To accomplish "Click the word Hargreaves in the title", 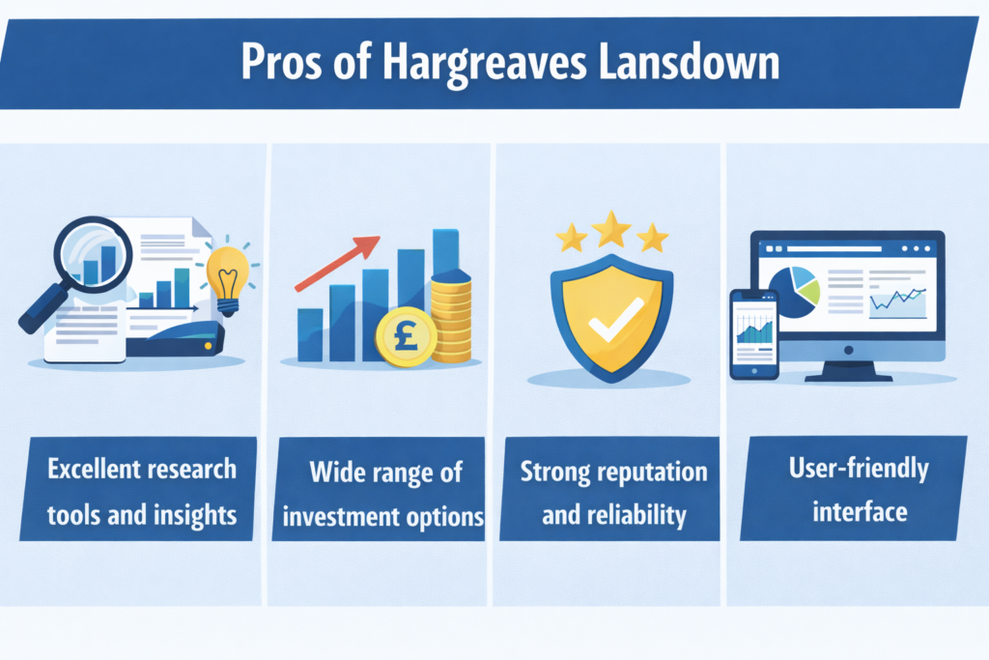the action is click(x=485, y=64).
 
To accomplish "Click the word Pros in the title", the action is click(x=281, y=62).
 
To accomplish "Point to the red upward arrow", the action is click(x=337, y=263).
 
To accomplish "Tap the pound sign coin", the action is click(x=406, y=336).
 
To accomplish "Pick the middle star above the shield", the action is click(x=611, y=229).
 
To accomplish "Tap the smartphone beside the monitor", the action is click(x=754, y=334).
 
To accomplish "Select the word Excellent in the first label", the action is click(x=95, y=470).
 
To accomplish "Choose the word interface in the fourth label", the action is click(x=860, y=511).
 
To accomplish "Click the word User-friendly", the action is click(x=859, y=469).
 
